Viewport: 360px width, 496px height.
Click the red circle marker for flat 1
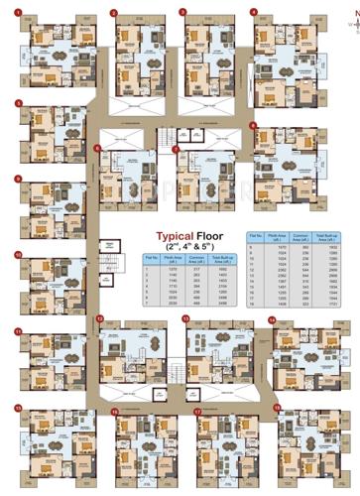(x=18, y=12)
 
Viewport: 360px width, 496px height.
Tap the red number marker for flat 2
(x=113, y=12)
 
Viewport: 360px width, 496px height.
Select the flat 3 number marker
(x=181, y=12)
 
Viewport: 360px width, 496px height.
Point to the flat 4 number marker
(x=253, y=12)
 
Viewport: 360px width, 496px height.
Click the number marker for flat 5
(x=18, y=102)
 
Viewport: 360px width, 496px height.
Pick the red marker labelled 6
(x=97, y=150)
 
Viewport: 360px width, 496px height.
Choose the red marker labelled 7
(x=177, y=150)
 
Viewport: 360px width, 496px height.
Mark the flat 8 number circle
(x=253, y=126)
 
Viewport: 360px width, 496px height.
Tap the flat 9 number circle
(x=18, y=179)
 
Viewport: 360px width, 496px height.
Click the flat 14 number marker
(x=272, y=318)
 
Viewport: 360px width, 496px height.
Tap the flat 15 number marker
(x=18, y=407)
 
